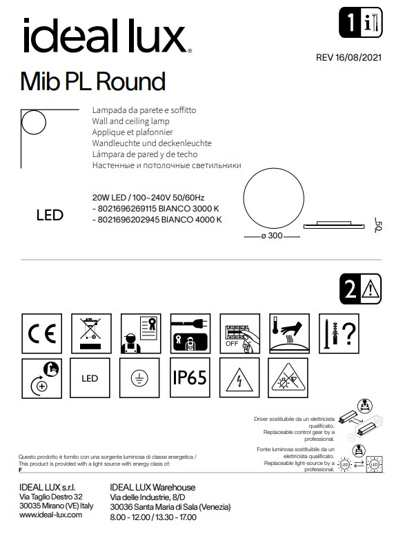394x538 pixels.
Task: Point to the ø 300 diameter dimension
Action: coord(273,236)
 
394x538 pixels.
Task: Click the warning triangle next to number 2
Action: coord(372,287)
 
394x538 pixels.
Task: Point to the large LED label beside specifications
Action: coord(49,215)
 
